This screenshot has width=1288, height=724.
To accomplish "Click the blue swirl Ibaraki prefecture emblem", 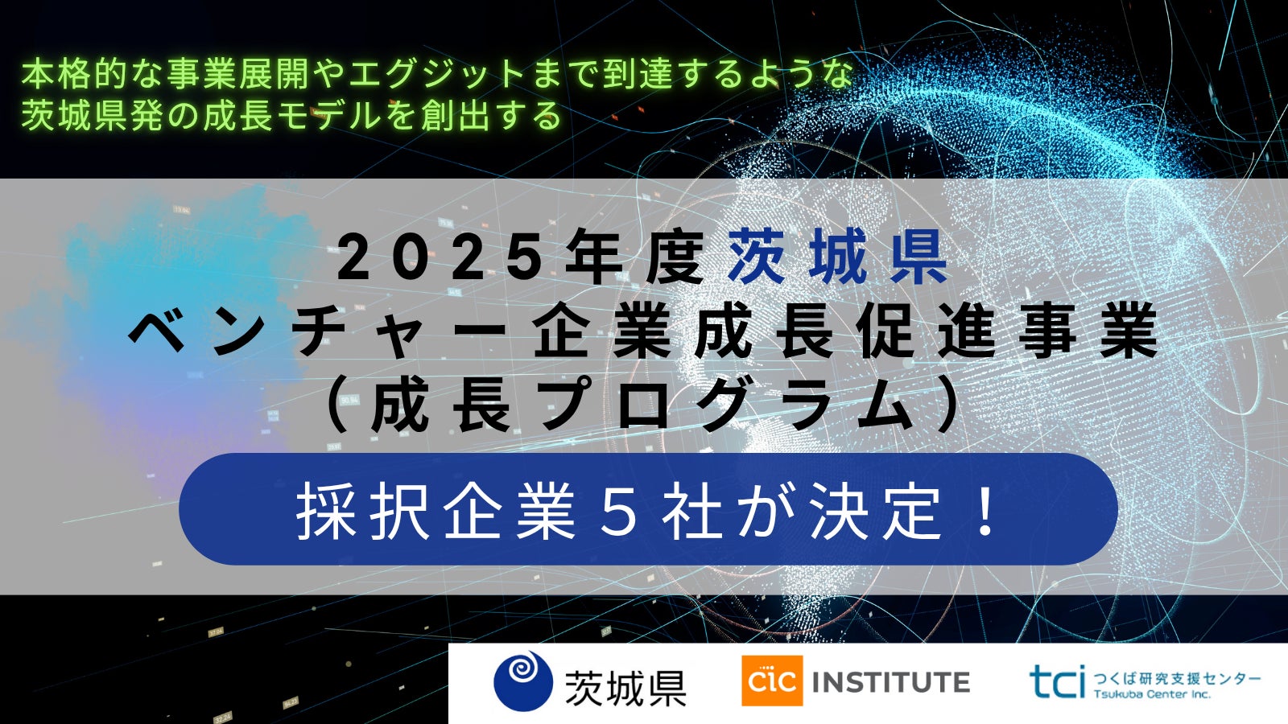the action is pyautogui.click(x=523, y=681).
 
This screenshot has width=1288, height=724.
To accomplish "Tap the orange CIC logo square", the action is pyautogui.click(x=772, y=681).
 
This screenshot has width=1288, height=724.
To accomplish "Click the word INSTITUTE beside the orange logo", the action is pyautogui.click(x=890, y=682).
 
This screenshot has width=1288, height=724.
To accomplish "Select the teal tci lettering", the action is pyautogui.click(x=1058, y=681).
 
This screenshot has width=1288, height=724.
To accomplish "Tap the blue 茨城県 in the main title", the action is pyautogui.click(x=838, y=257).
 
